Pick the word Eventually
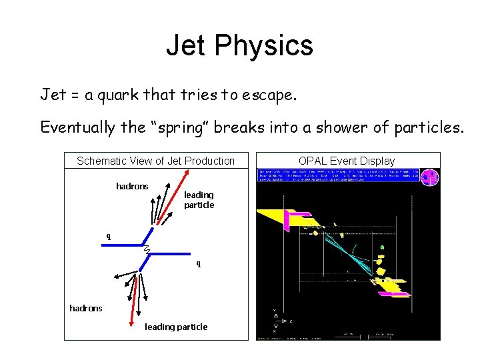77,127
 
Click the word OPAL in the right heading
313,161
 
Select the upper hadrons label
132,187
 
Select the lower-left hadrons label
86,308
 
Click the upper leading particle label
199,200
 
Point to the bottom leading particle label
176,327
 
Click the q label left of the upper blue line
109,236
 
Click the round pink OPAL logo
430,177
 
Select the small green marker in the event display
382,248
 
